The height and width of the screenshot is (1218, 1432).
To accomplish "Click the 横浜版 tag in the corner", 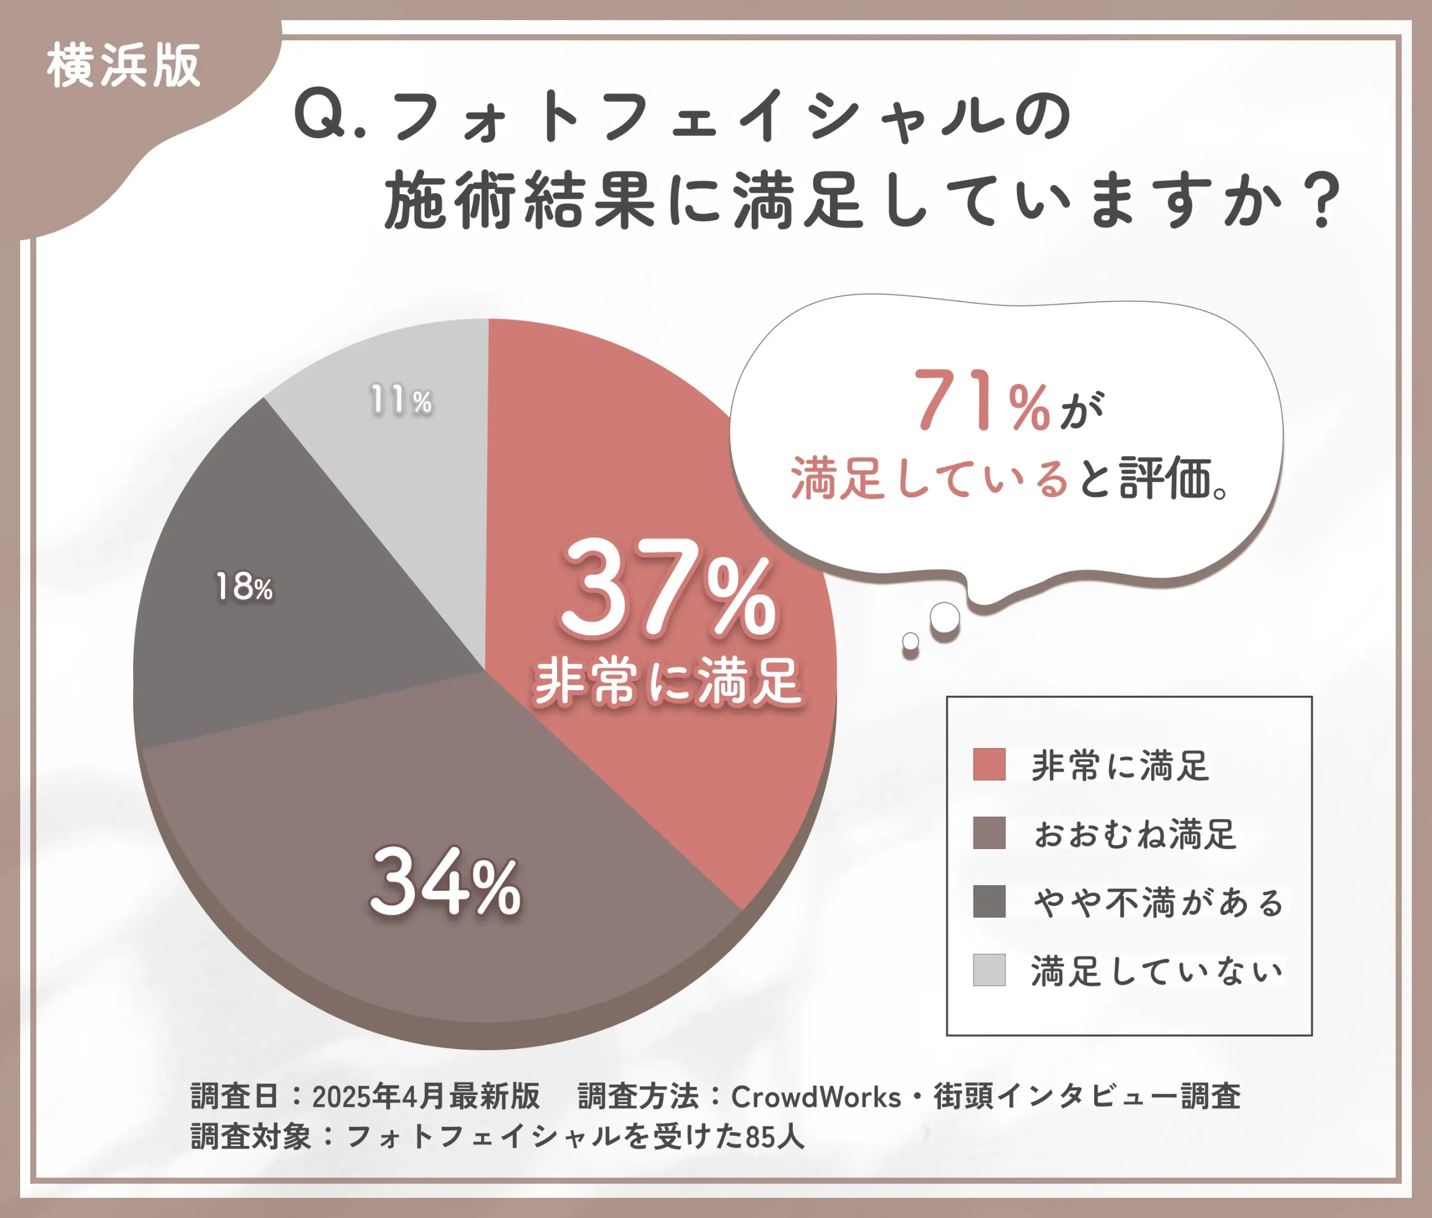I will (x=124, y=65).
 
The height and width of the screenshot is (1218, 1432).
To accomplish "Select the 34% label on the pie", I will (x=446, y=883).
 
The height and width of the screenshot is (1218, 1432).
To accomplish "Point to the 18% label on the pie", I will (x=244, y=588).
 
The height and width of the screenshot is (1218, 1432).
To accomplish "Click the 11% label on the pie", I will (x=401, y=400).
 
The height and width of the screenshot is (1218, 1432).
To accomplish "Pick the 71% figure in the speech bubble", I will (x=982, y=400).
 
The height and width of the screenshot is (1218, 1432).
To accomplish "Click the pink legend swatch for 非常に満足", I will (x=988, y=764).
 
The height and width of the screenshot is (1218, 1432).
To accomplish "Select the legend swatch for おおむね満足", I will (x=988, y=833).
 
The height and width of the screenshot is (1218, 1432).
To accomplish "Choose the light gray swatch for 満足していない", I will (x=988, y=970).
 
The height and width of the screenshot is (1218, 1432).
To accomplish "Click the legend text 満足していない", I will (x=1156, y=971).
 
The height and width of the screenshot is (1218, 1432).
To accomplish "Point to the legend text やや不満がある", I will (x=1158, y=903).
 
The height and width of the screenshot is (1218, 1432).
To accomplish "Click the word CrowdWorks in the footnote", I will (x=816, y=1097).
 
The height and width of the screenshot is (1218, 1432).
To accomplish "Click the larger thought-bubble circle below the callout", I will (x=944, y=617).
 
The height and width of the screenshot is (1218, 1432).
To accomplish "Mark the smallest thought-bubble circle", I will (x=911, y=641).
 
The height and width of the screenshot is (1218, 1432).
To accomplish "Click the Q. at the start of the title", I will (x=328, y=116).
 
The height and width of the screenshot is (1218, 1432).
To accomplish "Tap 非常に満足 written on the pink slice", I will (x=667, y=682).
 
